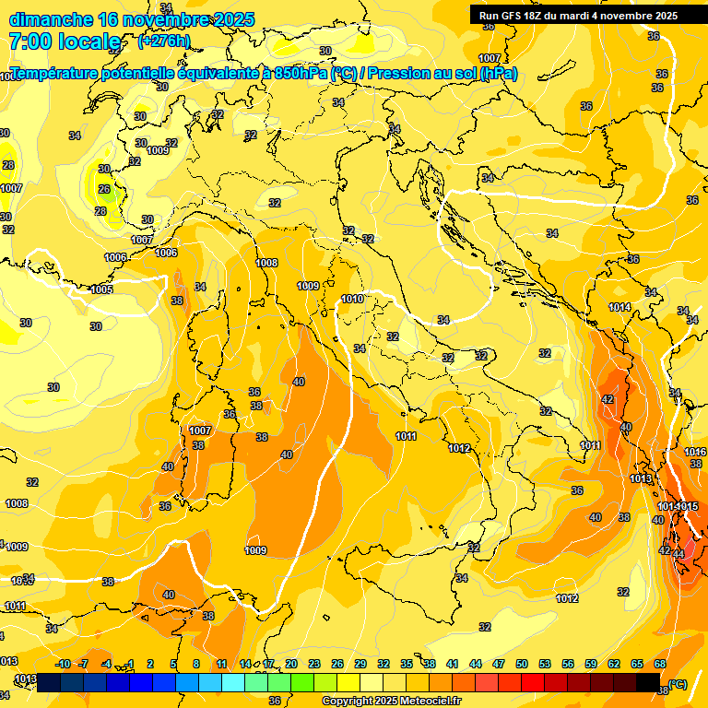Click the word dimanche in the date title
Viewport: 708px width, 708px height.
click(x=50, y=19)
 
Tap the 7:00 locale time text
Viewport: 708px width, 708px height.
click(x=65, y=41)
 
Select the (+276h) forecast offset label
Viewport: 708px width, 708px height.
click(x=163, y=41)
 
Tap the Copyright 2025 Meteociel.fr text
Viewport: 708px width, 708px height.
click(x=391, y=701)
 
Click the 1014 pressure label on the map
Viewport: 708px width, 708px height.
click(x=619, y=307)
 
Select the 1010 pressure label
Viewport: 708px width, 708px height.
click(x=351, y=299)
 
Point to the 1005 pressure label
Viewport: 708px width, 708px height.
click(x=101, y=289)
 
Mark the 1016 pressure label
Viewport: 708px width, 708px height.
click(x=695, y=452)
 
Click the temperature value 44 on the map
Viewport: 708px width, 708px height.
click(x=679, y=553)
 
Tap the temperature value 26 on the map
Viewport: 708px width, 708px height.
click(x=104, y=190)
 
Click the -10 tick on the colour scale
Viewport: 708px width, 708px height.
click(x=64, y=664)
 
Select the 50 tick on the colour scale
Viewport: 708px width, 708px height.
click(x=522, y=664)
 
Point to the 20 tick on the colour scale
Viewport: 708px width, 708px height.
click(x=291, y=664)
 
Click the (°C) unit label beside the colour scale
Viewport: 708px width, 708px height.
click(x=678, y=683)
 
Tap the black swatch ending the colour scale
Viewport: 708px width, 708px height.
click(x=648, y=682)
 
